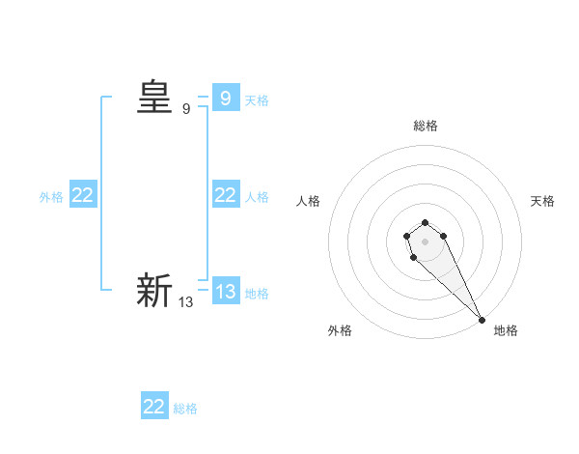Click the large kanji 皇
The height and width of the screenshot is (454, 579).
[x=154, y=98]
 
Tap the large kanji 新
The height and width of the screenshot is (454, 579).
[x=154, y=291]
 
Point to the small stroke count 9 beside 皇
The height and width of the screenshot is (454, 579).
[x=186, y=109]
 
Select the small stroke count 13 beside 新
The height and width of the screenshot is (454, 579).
[x=186, y=302]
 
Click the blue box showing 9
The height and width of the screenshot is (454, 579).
[x=225, y=98]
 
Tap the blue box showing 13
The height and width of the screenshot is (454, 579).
[x=225, y=291]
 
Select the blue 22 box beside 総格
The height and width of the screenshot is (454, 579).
[x=154, y=407]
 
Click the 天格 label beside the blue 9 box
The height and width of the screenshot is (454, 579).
[x=257, y=99]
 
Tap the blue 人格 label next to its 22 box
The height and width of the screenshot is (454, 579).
[x=257, y=196]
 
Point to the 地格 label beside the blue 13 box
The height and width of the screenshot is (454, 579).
[x=257, y=293]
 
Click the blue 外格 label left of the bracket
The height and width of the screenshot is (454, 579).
[x=51, y=196]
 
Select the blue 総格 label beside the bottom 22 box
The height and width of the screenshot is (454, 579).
[x=185, y=409]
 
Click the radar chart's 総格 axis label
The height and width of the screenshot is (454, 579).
[x=426, y=126]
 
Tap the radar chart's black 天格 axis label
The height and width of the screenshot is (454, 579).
[x=542, y=201]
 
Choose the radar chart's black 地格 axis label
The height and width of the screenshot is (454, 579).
[x=506, y=330]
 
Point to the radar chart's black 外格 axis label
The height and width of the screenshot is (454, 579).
[x=340, y=330]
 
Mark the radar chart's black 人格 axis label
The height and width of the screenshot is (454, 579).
[x=309, y=201]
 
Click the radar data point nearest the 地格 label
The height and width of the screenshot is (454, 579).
[x=482, y=320]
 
